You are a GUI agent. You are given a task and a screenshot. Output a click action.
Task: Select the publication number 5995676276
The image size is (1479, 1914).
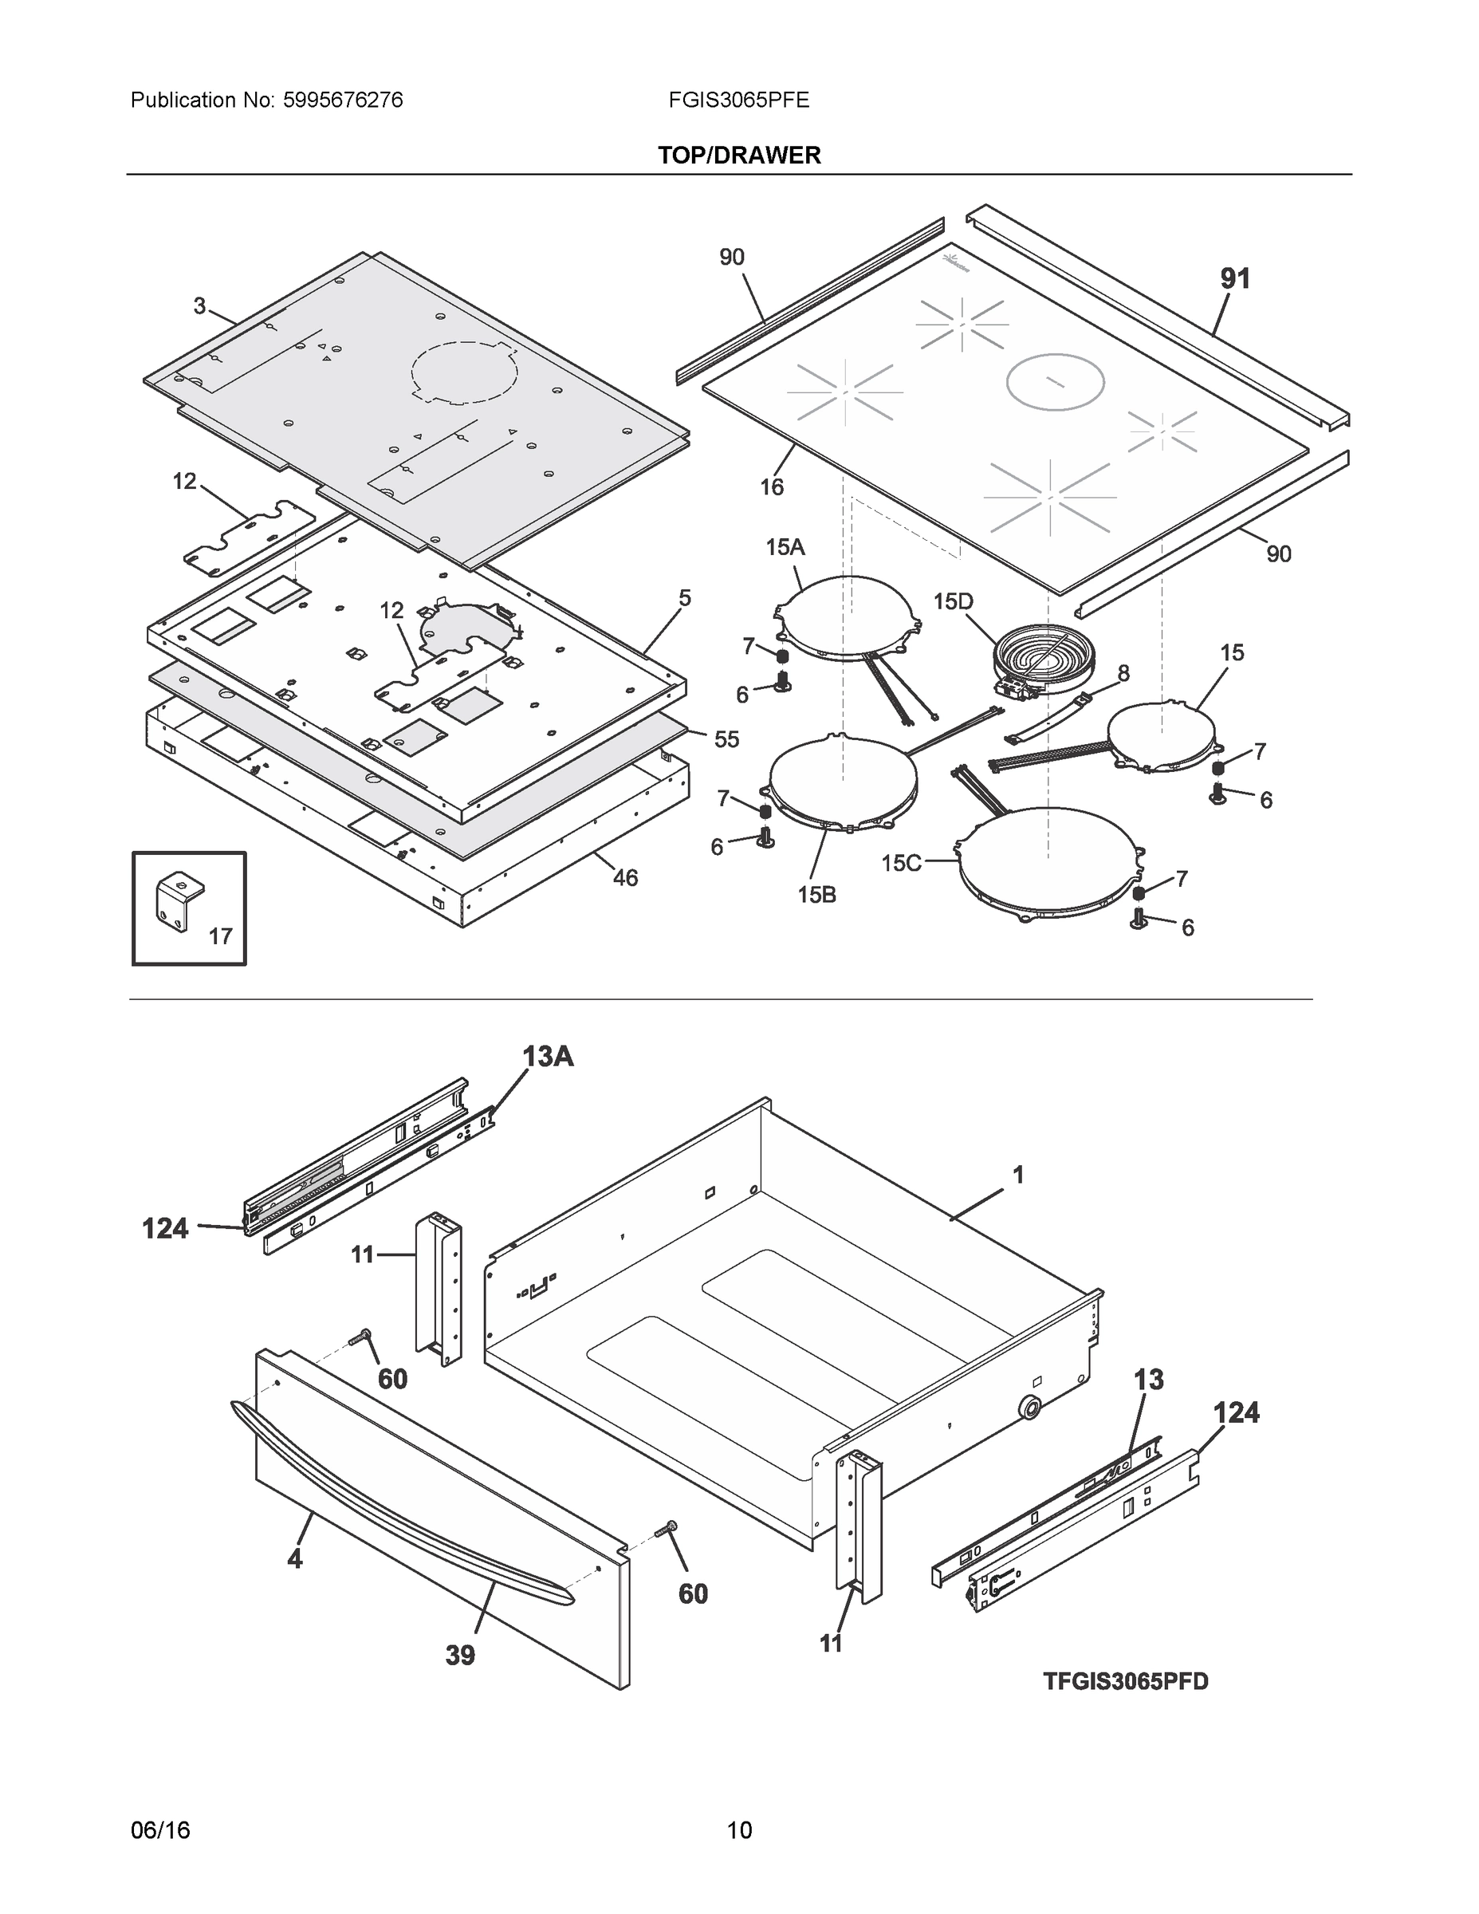[x=343, y=100]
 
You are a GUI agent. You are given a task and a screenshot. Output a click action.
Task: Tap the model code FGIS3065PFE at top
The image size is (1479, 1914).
[x=738, y=100]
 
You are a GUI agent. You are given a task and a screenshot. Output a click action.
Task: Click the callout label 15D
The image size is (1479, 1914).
[x=954, y=601]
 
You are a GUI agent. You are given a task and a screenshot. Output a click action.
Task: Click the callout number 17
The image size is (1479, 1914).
[x=220, y=936]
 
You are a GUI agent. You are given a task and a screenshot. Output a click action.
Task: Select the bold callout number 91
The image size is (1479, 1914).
[x=1234, y=278]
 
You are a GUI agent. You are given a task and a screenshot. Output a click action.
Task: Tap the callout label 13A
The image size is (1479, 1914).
[x=548, y=1057]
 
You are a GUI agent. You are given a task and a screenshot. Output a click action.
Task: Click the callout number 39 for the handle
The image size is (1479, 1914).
[x=460, y=1655]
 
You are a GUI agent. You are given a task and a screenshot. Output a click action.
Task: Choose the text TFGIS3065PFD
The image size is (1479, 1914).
[x=1125, y=1681]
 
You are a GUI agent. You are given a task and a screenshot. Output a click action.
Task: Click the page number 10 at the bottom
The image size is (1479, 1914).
[x=740, y=1830]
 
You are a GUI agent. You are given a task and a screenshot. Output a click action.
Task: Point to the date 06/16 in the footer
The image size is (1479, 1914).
[x=160, y=1830]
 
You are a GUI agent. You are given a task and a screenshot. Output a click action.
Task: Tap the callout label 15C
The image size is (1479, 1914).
[x=901, y=863]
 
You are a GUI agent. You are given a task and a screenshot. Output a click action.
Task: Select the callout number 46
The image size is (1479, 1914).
[x=625, y=877]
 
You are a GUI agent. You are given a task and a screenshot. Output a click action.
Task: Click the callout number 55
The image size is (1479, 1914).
[x=726, y=738]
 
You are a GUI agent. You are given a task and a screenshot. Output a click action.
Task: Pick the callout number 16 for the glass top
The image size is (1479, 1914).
[x=771, y=487]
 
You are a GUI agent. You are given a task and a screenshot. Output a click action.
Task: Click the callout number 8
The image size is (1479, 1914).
[x=1123, y=673]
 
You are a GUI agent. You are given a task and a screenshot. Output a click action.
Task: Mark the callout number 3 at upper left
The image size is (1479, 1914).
[x=200, y=306]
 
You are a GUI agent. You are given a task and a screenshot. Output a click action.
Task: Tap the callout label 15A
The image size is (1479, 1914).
[x=785, y=548]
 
